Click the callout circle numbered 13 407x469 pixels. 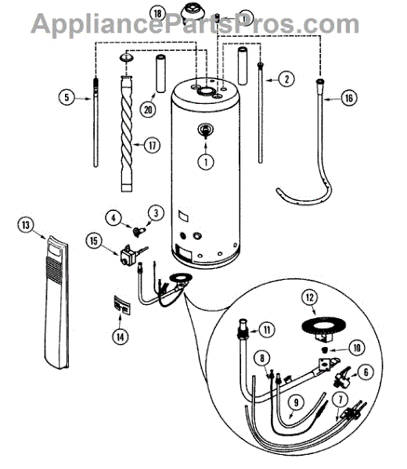coord(26,224)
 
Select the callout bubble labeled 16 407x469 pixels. coord(349,98)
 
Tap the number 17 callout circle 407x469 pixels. coord(153,145)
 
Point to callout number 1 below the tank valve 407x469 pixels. coord(206,162)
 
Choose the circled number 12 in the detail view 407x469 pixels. coord(310,297)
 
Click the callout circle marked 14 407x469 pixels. coord(120,337)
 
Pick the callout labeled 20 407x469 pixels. coord(148,109)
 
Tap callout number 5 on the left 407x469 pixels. coord(67,97)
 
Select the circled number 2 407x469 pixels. coord(286,79)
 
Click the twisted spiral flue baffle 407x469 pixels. coord(126,134)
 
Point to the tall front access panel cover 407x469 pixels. coord(57,302)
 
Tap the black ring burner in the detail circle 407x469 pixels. coord(323,324)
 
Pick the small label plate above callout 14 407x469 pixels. coord(121,305)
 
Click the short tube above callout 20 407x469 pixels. coord(161,73)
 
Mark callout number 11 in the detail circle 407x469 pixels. coord(267,330)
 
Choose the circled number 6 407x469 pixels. coord(366,372)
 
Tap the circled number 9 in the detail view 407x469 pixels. coord(296,403)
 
